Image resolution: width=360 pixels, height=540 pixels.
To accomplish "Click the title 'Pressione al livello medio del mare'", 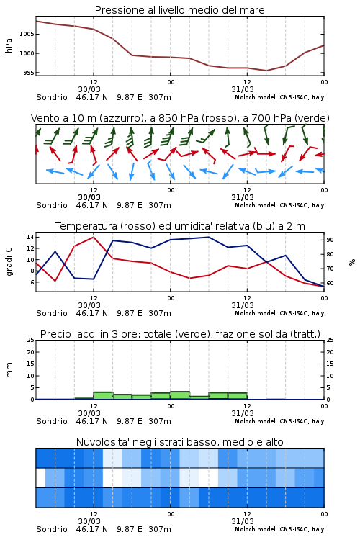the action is (x=179, y=10).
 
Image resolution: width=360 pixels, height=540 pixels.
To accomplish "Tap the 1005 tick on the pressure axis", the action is (x=27, y=34).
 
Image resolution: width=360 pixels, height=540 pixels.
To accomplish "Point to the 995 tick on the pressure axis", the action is (x=29, y=73).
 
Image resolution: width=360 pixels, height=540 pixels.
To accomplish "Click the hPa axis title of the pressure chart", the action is (x=9, y=45).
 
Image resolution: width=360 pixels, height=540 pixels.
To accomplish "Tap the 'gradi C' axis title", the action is (x=9, y=261).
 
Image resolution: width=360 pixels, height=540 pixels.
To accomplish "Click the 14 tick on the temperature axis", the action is (x=30, y=237).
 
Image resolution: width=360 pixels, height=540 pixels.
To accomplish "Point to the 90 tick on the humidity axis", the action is (x=330, y=240).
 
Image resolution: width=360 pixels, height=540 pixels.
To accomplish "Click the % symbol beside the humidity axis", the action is (x=352, y=262).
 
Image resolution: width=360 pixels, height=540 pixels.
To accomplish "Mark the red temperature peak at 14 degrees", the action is (x=94, y=237).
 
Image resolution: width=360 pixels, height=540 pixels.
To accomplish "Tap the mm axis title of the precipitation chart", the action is (x=9, y=370).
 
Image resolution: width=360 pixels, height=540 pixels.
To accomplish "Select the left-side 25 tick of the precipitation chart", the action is (x=31, y=340).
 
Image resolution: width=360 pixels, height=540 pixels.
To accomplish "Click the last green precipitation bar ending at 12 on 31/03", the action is (x=238, y=396).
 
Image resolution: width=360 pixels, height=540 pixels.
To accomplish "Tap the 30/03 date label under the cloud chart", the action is (x=89, y=521).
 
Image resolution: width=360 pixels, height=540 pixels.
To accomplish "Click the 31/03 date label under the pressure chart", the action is (x=243, y=89).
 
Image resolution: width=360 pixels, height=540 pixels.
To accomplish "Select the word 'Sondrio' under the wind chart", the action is (x=52, y=205).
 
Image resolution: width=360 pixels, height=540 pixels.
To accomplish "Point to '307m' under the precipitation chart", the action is (x=160, y=421).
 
